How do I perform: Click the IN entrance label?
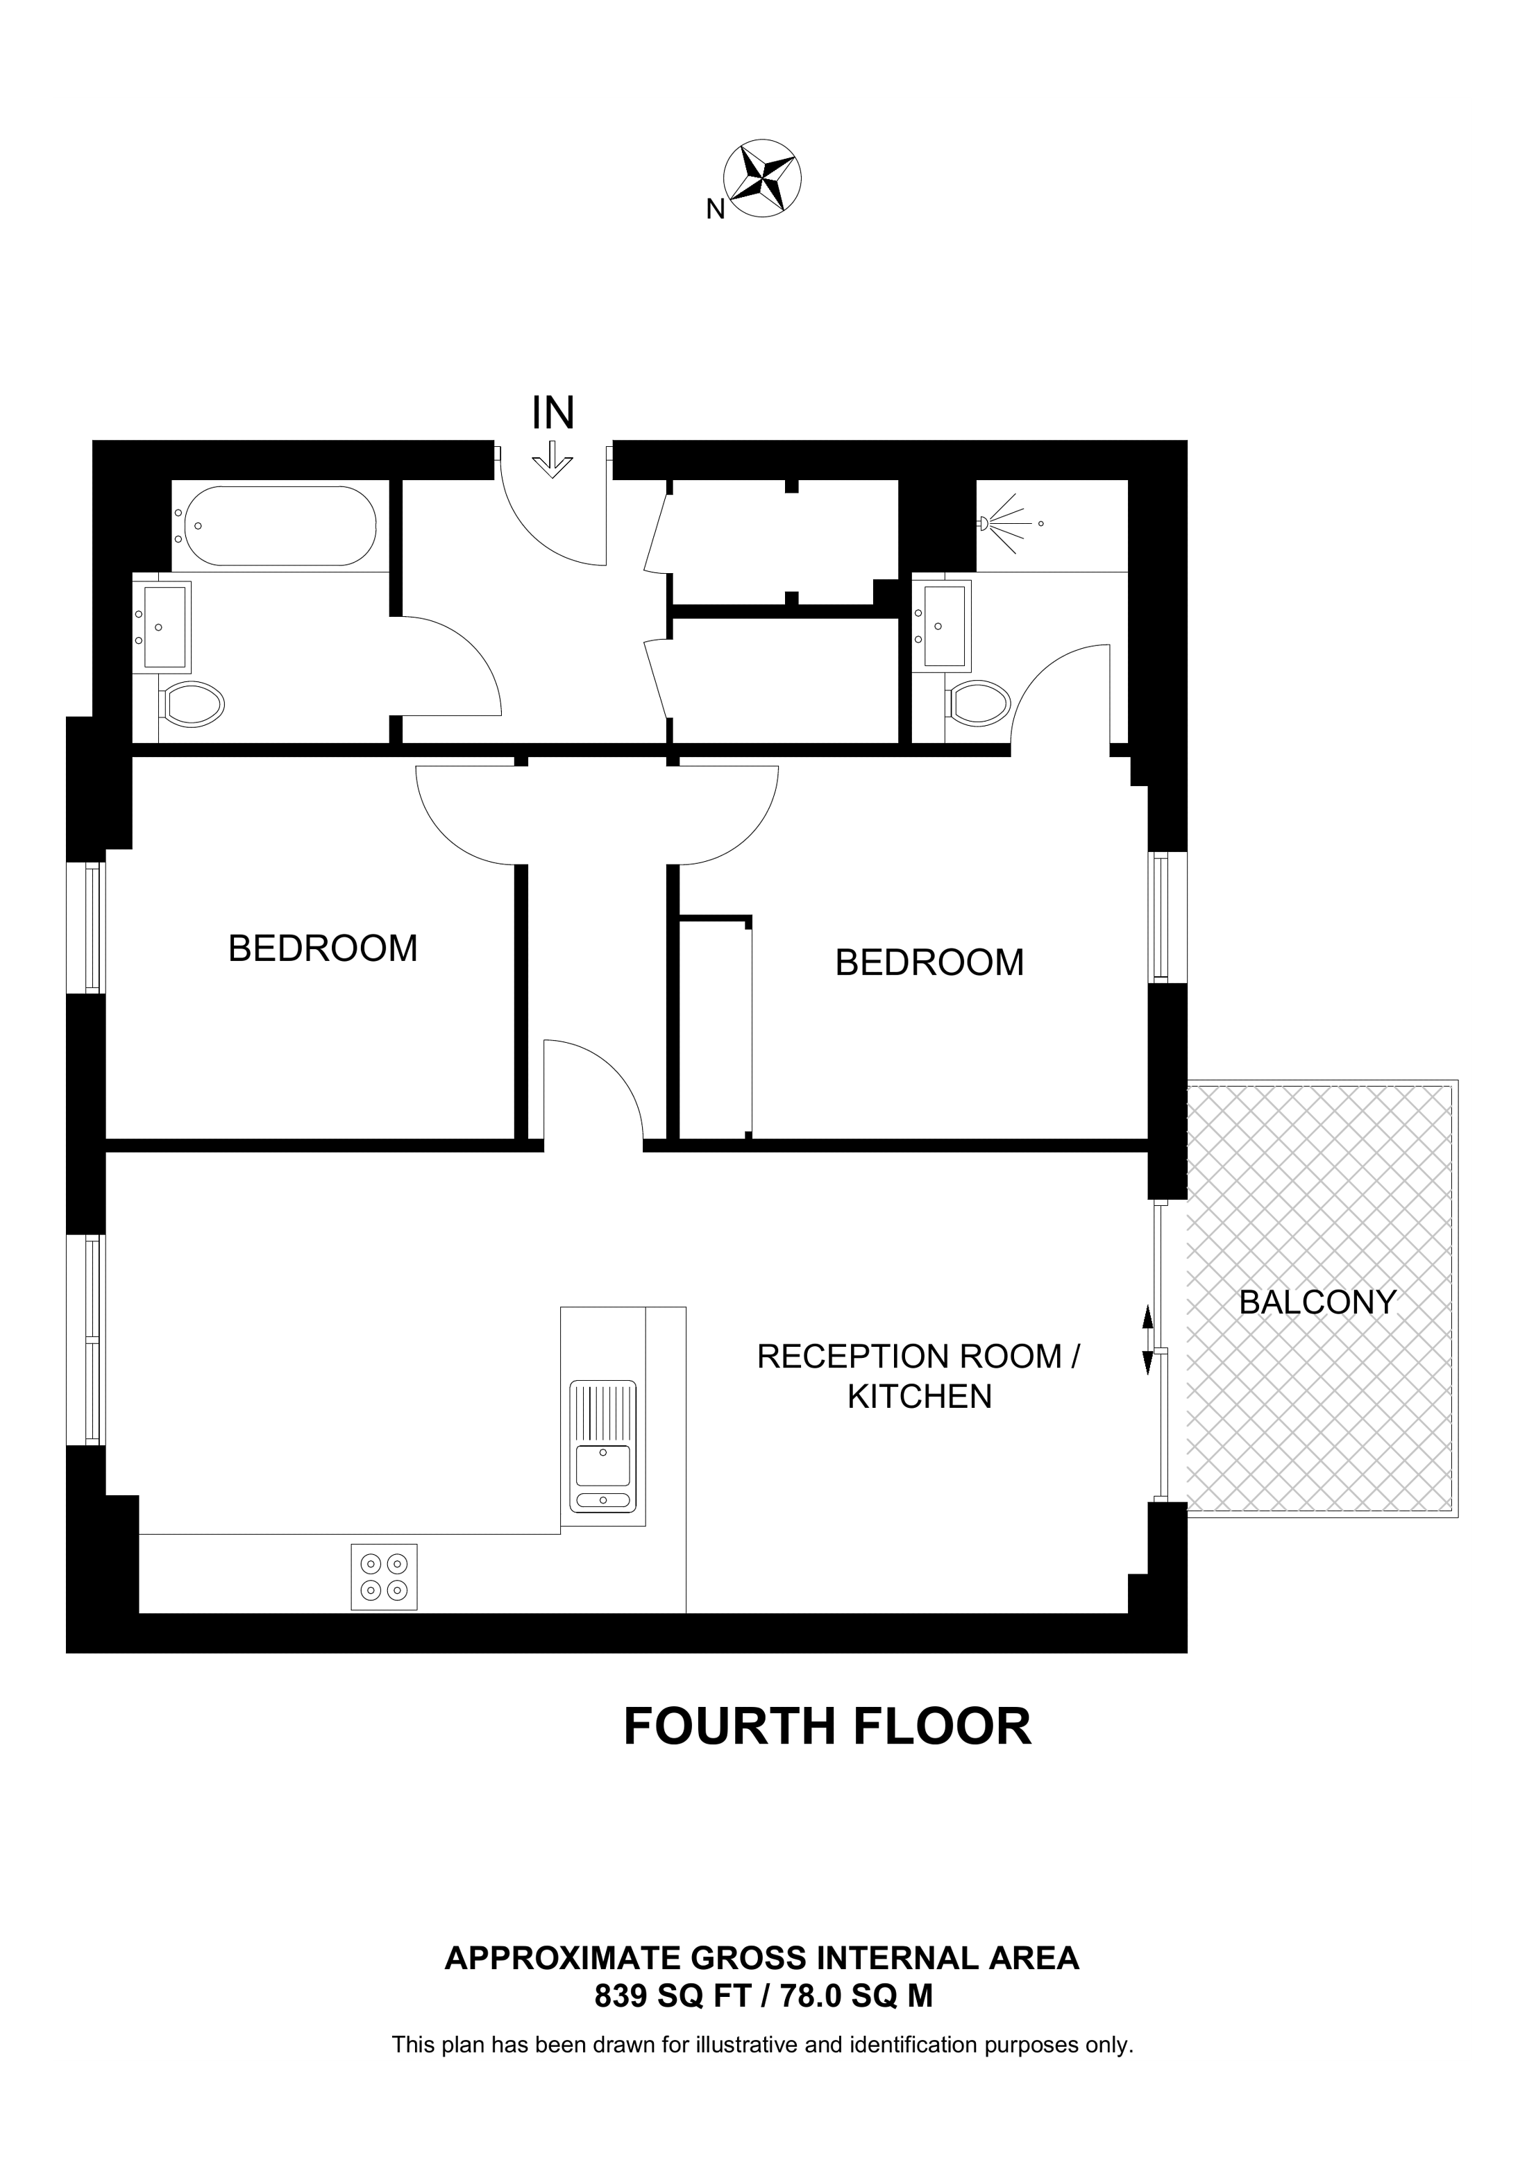[x=553, y=413]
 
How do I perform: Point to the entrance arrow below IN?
[x=552, y=462]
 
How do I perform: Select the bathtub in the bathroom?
[x=280, y=526]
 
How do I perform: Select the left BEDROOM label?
[x=323, y=949]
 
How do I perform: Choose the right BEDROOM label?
[x=929, y=962]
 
